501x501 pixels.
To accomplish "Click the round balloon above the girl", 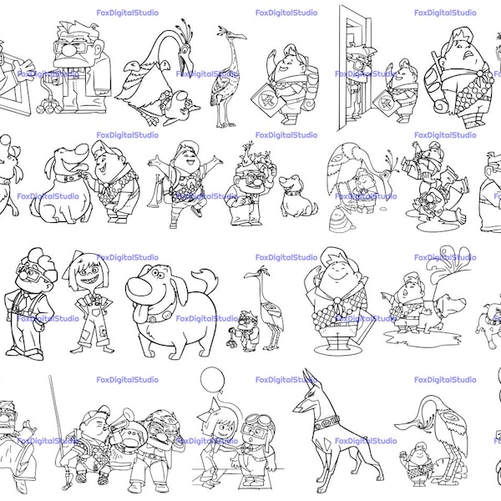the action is [x=212, y=379].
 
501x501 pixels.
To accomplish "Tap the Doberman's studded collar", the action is [x=326, y=422].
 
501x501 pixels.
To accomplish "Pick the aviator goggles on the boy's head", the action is [x=260, y=419].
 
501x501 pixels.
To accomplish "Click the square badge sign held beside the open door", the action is [x=385, y=102].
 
